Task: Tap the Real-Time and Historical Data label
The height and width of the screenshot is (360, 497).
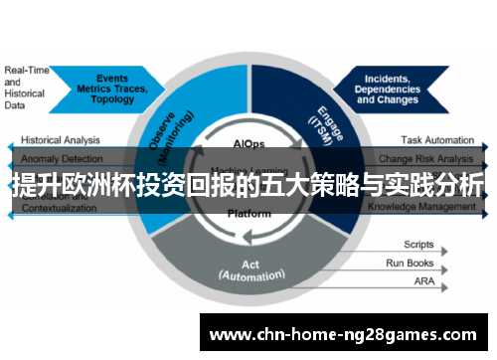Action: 26,88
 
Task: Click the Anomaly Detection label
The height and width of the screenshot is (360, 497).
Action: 60,159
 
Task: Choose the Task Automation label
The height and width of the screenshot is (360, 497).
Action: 437,141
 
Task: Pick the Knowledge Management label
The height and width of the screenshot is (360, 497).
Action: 422,207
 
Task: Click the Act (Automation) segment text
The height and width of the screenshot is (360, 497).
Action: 249,271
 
